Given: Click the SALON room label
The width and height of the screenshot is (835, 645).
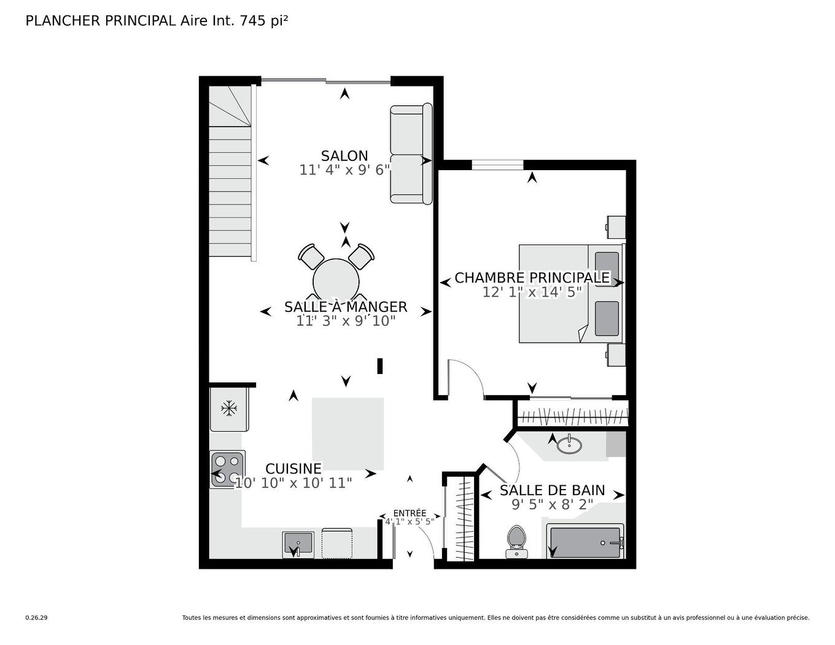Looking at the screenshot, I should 344,156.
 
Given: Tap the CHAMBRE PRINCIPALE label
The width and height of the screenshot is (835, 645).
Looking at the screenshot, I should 532,278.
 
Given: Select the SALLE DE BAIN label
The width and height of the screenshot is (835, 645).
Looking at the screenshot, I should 552,490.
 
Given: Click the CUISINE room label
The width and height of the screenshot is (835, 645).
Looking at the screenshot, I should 293,469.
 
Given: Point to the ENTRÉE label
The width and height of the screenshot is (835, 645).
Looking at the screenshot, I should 410,513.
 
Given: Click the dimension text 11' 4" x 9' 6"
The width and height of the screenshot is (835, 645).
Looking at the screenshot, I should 344,170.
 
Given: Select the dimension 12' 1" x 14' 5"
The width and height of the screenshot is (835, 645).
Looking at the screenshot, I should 532,292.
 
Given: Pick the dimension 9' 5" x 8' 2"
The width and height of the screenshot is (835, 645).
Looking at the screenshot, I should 552,505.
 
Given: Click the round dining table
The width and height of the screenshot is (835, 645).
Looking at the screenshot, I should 336,279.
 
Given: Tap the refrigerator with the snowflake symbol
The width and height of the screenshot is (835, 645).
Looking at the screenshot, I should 229,408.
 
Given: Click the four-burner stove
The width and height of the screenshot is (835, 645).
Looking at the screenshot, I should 228,469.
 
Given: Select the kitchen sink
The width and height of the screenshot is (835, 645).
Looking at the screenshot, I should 298,544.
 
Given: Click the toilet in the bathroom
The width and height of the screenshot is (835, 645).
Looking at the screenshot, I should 516,541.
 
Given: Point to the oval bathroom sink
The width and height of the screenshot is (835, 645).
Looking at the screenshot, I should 569,444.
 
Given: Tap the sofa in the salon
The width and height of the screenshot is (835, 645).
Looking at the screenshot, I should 410,154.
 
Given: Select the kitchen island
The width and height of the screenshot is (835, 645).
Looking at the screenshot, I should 348,433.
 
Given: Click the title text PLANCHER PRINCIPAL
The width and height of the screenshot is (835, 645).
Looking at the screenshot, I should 101,21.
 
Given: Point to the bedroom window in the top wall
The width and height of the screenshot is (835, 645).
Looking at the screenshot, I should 497,164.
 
